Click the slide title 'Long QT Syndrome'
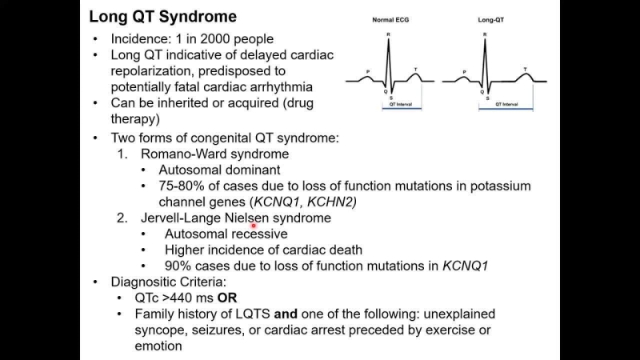(x=162, y=16)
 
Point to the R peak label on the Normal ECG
(x=388, y=34)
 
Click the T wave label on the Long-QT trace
(x=525, y=70)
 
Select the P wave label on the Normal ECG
(x=367, y=72)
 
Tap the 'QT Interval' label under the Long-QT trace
(x=506, y=104)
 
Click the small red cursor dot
(x=254, y=226)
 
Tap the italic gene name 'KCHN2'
(x=333, y=202)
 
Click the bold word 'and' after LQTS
(x=298, y=314)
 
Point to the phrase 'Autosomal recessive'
(x=226, y=234)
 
